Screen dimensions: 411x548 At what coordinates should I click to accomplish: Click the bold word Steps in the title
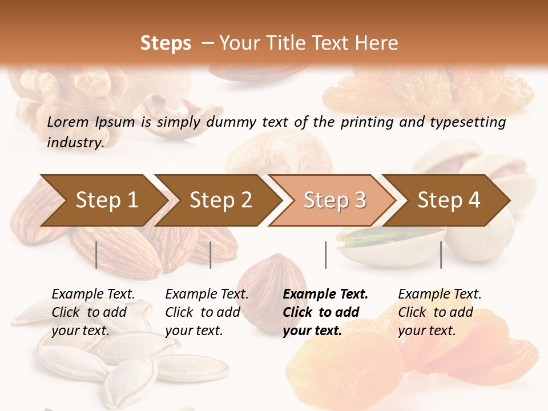(x=166, y=43)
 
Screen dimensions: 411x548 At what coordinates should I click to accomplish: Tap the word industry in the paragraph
(x=75, y=142)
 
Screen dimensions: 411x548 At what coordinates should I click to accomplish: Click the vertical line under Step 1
(x=96, y=255)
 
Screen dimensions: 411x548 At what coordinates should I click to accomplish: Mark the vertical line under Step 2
(x=211, y=255)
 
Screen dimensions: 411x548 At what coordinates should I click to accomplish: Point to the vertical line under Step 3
(x=325, y=255)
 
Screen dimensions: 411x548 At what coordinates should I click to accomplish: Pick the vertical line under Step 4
(x=441, y=255)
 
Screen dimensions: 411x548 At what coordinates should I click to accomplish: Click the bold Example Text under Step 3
(x=325, y=295)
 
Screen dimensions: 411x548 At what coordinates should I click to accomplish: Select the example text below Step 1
(x=93, y=312)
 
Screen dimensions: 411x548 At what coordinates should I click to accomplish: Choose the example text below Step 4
(x=440, y=312)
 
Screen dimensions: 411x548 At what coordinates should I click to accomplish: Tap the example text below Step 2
(x=207, y=312)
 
